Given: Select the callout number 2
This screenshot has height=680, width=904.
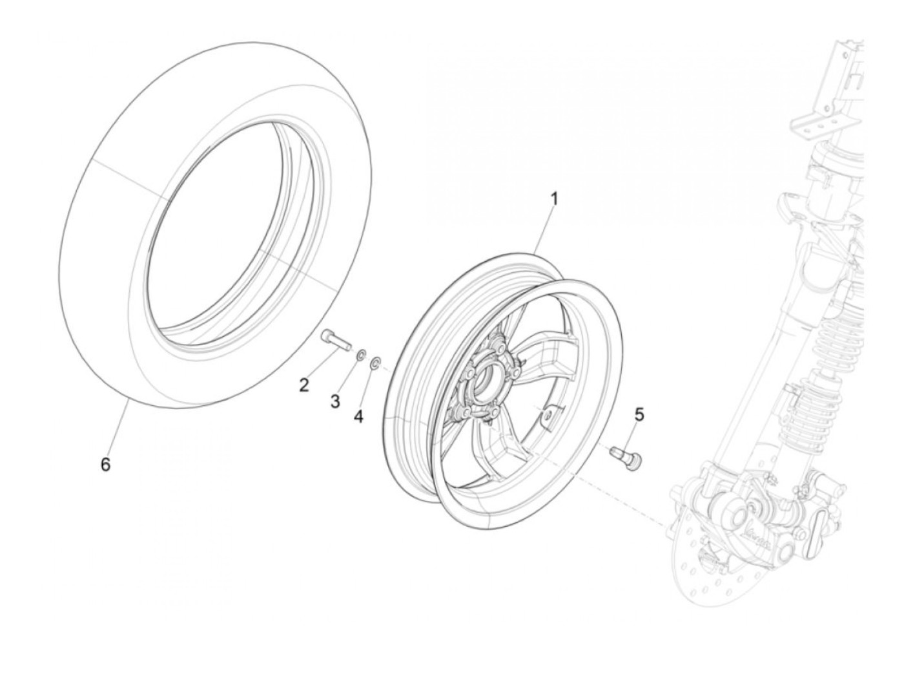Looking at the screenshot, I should pos(303,385).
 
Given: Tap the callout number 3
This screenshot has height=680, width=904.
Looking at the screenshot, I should pos(334,402).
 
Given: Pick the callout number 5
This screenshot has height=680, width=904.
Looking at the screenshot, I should pos(639,415).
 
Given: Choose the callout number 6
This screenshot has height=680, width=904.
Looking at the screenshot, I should pos(105,464).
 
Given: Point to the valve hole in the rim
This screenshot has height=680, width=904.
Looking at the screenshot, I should pos(547,414).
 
